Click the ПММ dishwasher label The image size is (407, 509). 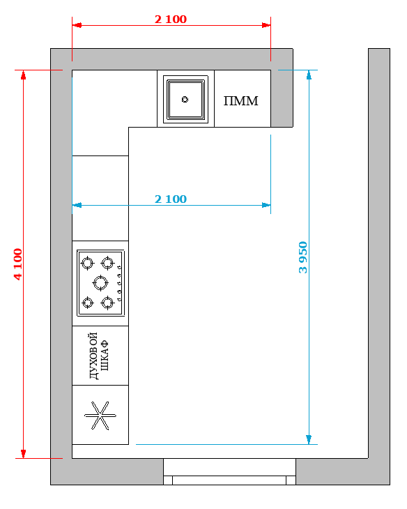coord(241,101)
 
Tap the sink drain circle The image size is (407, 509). coord(185,99)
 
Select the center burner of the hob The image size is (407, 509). coord(100,283)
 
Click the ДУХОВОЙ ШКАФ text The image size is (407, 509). coord(99,356)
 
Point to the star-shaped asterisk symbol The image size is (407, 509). coord(100,416)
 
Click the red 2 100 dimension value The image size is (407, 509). coord(171,19)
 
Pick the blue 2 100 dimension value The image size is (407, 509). coord(171,199)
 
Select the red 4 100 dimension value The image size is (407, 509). coord(18,264)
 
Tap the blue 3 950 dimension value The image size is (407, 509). coord(302,257)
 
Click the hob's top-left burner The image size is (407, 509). coord(87,263)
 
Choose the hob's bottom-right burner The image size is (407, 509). coord(107,303)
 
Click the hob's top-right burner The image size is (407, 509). coord(107,263)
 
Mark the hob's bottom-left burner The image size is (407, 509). coord(87,303)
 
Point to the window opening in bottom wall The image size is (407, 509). coord(229,471)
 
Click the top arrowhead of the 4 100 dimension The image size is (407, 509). coord(24,75)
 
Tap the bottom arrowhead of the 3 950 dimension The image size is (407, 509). coord(309,439)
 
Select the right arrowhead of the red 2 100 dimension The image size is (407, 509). coord(266,25)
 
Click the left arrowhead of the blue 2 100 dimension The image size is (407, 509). coord(77,205)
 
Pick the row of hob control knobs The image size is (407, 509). coord(119,283)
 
